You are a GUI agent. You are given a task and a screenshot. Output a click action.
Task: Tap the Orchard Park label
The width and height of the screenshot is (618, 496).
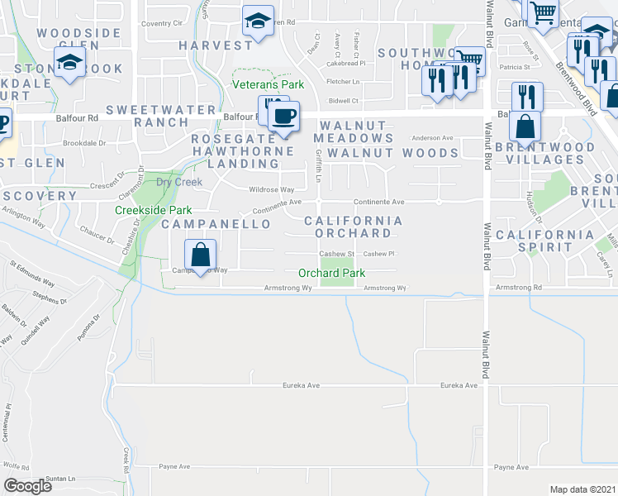[331, 273]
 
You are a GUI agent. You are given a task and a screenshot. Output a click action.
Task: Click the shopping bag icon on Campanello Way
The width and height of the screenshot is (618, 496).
[199, 255]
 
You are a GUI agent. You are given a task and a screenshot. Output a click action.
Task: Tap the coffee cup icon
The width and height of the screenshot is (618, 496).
[283, 117]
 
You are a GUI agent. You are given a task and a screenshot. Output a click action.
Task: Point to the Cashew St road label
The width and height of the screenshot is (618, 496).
[337, 254]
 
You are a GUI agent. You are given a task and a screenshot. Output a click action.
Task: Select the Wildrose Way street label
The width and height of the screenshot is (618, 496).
[272, 189]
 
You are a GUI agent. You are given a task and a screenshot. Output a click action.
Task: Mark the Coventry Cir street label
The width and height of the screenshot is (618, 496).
[161, 24]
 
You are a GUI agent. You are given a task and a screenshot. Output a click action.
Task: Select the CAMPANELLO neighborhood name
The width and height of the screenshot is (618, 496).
[216, 224]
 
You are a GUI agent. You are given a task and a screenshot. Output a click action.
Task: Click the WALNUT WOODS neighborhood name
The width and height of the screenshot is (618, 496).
[392, 153]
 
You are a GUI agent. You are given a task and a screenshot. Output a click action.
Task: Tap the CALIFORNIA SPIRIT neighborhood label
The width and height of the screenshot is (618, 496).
[544, 241]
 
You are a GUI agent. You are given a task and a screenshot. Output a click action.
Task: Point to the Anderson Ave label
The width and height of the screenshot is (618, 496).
[433, 138]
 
